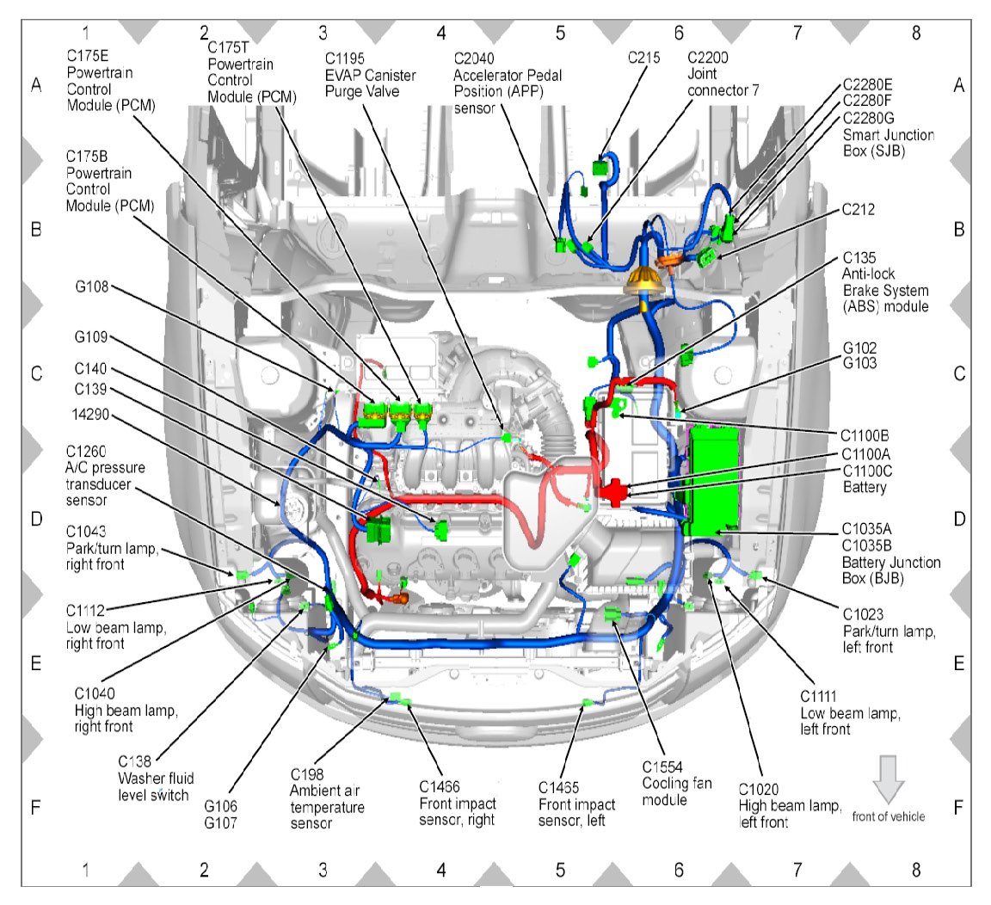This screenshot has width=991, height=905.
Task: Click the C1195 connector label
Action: (x=344, y=58)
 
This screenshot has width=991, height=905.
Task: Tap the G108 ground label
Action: (x=92, y=287)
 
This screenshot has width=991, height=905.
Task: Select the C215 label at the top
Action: (x=644, y=58)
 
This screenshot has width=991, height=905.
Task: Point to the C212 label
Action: (x=859, y=210)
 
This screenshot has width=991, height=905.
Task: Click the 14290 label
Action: (x=90, y=415)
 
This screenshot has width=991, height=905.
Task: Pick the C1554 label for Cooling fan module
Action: (x=662, y=767)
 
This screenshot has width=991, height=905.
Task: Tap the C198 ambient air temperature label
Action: (x=306, y=775)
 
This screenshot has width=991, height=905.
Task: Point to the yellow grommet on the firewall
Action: (x=645, y=280)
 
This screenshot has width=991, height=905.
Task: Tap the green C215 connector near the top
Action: (x=600, y=168)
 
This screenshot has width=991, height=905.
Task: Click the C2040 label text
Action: (x=474, y=58)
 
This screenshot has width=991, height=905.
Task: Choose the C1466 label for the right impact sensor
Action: (x=440, y=787)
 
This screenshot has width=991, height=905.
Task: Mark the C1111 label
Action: (x=818, y=697)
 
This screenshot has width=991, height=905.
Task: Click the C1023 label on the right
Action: (x=864, y=614)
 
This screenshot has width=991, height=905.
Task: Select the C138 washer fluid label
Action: (x=134, y=761)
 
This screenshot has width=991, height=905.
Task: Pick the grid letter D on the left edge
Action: (x=37, y=519)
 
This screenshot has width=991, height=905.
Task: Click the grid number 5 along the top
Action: (x=560, y=33)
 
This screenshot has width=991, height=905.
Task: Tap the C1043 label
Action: (x=86, y=532)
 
